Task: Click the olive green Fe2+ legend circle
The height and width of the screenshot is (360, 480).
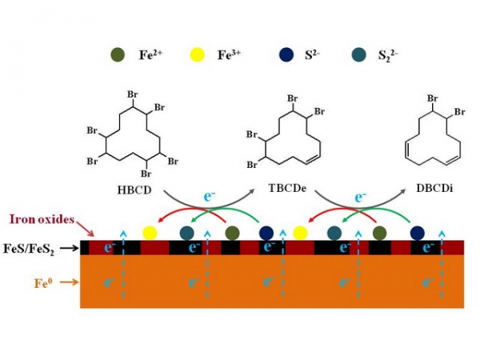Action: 118,55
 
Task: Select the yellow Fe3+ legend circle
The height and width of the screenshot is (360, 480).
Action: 197,55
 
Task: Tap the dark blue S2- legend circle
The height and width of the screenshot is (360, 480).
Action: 286,55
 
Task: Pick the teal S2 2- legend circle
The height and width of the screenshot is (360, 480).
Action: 358,55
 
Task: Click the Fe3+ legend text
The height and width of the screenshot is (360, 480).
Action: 229,54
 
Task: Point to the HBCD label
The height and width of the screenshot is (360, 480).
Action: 134,190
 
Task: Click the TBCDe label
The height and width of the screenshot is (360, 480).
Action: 287,188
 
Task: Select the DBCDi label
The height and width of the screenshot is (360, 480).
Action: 434,188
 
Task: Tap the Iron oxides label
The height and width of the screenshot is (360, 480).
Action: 42,219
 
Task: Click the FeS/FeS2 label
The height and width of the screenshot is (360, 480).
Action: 29,249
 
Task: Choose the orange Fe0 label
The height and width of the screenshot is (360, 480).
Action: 43,283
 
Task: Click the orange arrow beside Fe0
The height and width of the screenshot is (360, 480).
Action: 69,282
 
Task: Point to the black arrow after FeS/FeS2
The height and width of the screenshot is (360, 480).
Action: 69,248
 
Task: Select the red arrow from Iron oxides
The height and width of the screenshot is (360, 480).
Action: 86,227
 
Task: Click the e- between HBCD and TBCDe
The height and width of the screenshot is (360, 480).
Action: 209,197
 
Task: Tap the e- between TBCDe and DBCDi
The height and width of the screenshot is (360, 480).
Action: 360,197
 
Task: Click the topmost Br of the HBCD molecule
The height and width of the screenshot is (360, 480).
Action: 133,94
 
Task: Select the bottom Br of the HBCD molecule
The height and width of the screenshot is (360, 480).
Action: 146,174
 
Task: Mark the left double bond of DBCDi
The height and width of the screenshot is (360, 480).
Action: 408,150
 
